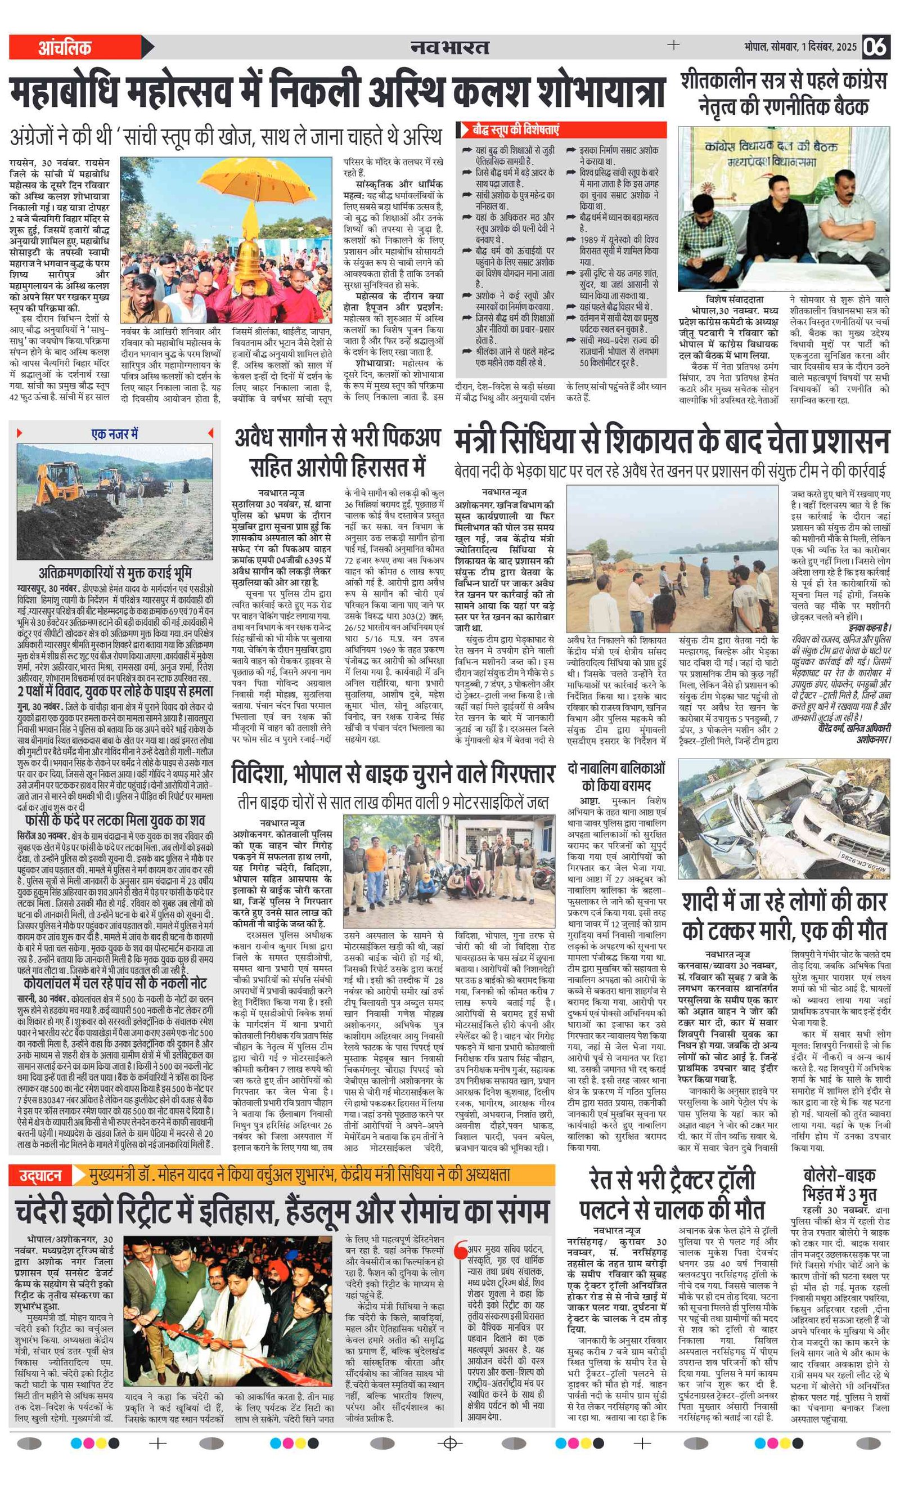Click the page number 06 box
coord(875,47)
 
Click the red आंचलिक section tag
coord(65,48)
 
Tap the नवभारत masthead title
coord(449,47)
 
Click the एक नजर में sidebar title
coord(115,433)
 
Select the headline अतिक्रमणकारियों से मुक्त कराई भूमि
coord(115,572)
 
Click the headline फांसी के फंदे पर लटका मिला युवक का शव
coord(115,820)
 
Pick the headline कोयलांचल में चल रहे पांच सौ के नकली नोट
coord(115,983)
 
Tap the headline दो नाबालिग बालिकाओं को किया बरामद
coord(616,777)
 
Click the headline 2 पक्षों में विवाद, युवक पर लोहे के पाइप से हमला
coord(115,692)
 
